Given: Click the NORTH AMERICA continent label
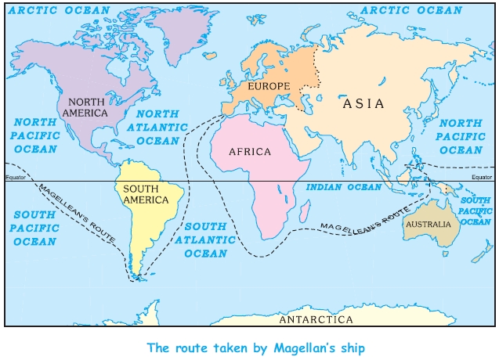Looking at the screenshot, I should (88, 107).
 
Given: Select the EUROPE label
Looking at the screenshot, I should (269, 85).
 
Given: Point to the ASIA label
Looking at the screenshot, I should (363, 103).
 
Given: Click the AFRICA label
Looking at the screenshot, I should (250, 152).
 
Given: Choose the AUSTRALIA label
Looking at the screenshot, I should (428, 224).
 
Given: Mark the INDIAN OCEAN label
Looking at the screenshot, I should (343, 187).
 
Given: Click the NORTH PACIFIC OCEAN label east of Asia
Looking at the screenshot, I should (461, 136).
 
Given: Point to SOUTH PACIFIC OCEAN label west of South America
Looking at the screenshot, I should (34, 228).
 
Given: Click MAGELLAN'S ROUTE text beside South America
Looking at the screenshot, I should (77, 213).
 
